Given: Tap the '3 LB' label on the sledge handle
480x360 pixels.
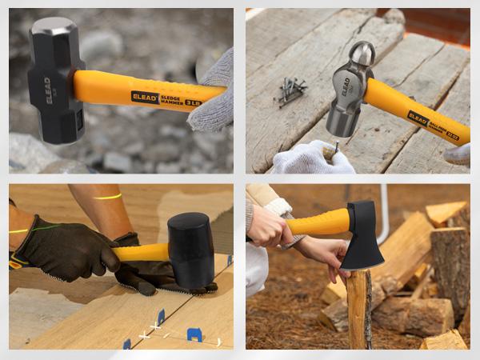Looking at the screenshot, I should click(x=192, y=102).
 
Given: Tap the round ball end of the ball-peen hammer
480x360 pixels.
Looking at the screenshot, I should click(x=362, y=54).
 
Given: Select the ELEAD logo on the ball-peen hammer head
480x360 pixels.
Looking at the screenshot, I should click(x=346, y=86).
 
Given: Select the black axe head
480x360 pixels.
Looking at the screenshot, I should click(x=364, y=235).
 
